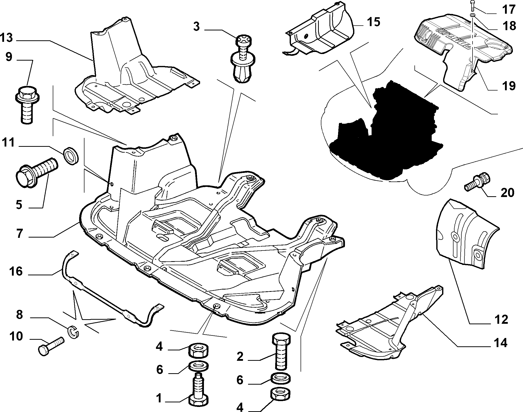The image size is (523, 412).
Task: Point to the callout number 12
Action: click(501, 319)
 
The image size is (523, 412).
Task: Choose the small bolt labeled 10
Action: click(51, 347)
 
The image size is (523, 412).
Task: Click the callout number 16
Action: click(16, 272)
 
